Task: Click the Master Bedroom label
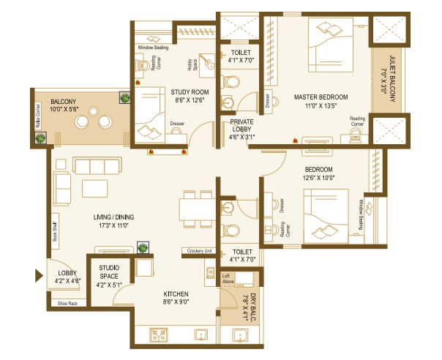point(321,97)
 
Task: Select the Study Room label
point(190,91)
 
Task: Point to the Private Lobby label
point(241,122)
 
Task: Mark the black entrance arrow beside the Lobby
point(39,276)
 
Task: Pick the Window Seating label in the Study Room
point(153,48)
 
